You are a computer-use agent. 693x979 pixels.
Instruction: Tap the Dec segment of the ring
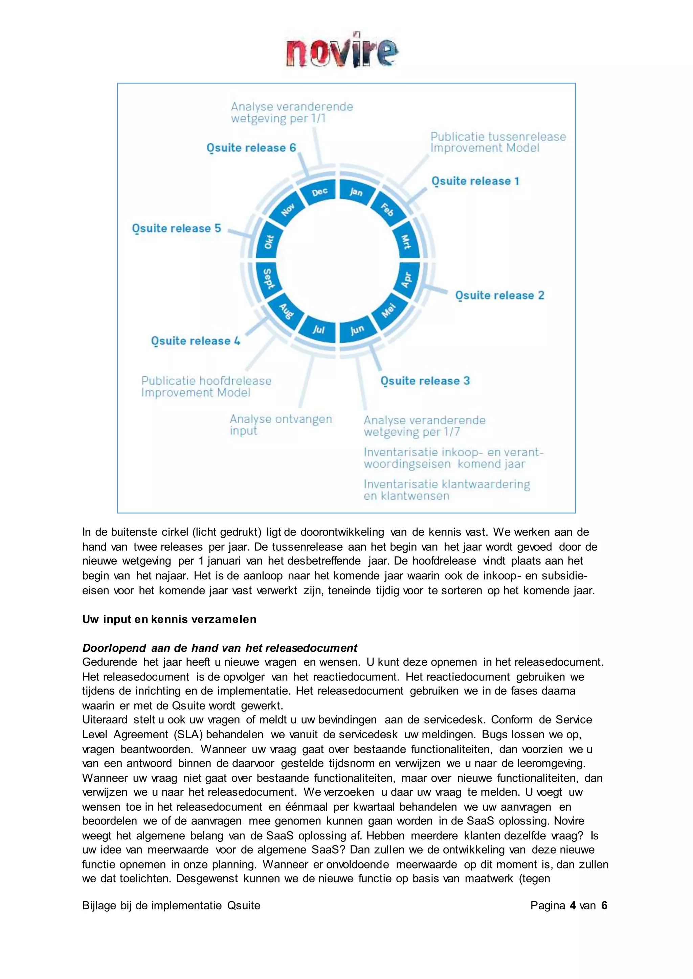(x=319, y=192)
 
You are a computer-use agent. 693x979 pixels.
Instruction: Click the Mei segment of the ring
(x=389, y=310)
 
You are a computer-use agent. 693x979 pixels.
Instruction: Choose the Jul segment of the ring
(x=318, y=329)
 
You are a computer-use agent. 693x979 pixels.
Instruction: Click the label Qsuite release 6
(x=251, y=148)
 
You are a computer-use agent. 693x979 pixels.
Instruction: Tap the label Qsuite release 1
(x=475, y=181)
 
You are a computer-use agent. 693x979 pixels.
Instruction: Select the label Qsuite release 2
(x=499, y=295)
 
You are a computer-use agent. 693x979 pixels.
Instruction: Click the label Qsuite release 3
(x=425, y=381)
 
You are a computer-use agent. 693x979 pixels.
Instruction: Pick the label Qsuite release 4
(x=196, y=341)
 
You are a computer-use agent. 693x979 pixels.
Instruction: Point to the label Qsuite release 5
(x=176, y=229)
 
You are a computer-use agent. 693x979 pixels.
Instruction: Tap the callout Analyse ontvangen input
(x=281, y=425)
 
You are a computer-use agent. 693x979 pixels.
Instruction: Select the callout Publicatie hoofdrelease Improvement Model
(x=206, y=387)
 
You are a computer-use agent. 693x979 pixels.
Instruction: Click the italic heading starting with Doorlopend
(x=219, y=648)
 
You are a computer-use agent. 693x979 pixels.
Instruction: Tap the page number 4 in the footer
(x=573, y=905)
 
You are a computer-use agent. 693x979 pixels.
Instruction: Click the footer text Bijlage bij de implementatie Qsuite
(x=171, y=905)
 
